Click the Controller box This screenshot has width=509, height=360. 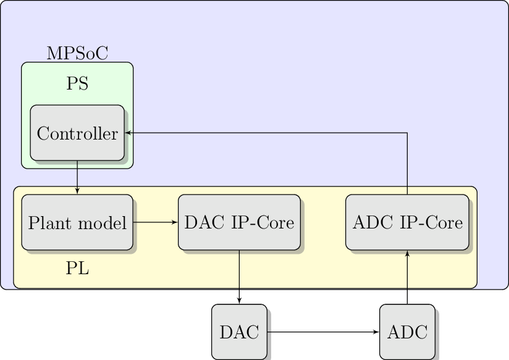click(77, 133)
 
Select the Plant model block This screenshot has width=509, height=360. click(77, 222)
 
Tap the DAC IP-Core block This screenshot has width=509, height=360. click(239, 222)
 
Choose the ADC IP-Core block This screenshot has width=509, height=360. click(407, 222)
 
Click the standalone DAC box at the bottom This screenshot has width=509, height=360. click(239, 332)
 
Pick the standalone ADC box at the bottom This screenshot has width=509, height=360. click(407, 332)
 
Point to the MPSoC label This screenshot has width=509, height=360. click(77, 54)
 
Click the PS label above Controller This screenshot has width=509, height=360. click(77, 84)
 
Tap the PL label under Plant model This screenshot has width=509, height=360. click(77, 269)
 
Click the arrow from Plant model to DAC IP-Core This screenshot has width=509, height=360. click(155, 222)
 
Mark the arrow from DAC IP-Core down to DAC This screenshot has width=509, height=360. click(239, 277)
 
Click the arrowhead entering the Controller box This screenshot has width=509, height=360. click(128, 133)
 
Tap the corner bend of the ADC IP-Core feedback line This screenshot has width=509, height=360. click(407, 133)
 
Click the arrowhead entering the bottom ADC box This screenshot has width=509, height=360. click(376, 332)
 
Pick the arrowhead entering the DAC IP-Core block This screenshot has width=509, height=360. click(175, 222)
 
